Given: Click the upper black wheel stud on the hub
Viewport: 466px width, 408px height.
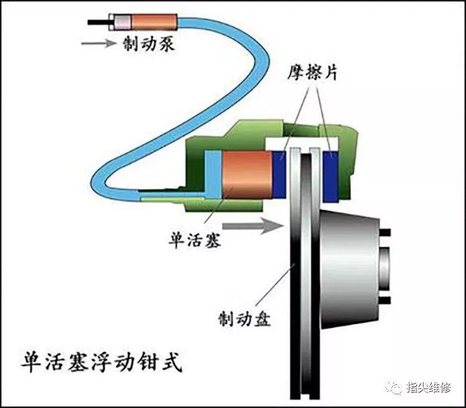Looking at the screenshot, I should click(x=385, y=233).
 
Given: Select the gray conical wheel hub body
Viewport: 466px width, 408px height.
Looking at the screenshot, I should click(x=351, y=267).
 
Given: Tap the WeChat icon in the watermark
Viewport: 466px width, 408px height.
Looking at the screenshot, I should click(x=396, y=387).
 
